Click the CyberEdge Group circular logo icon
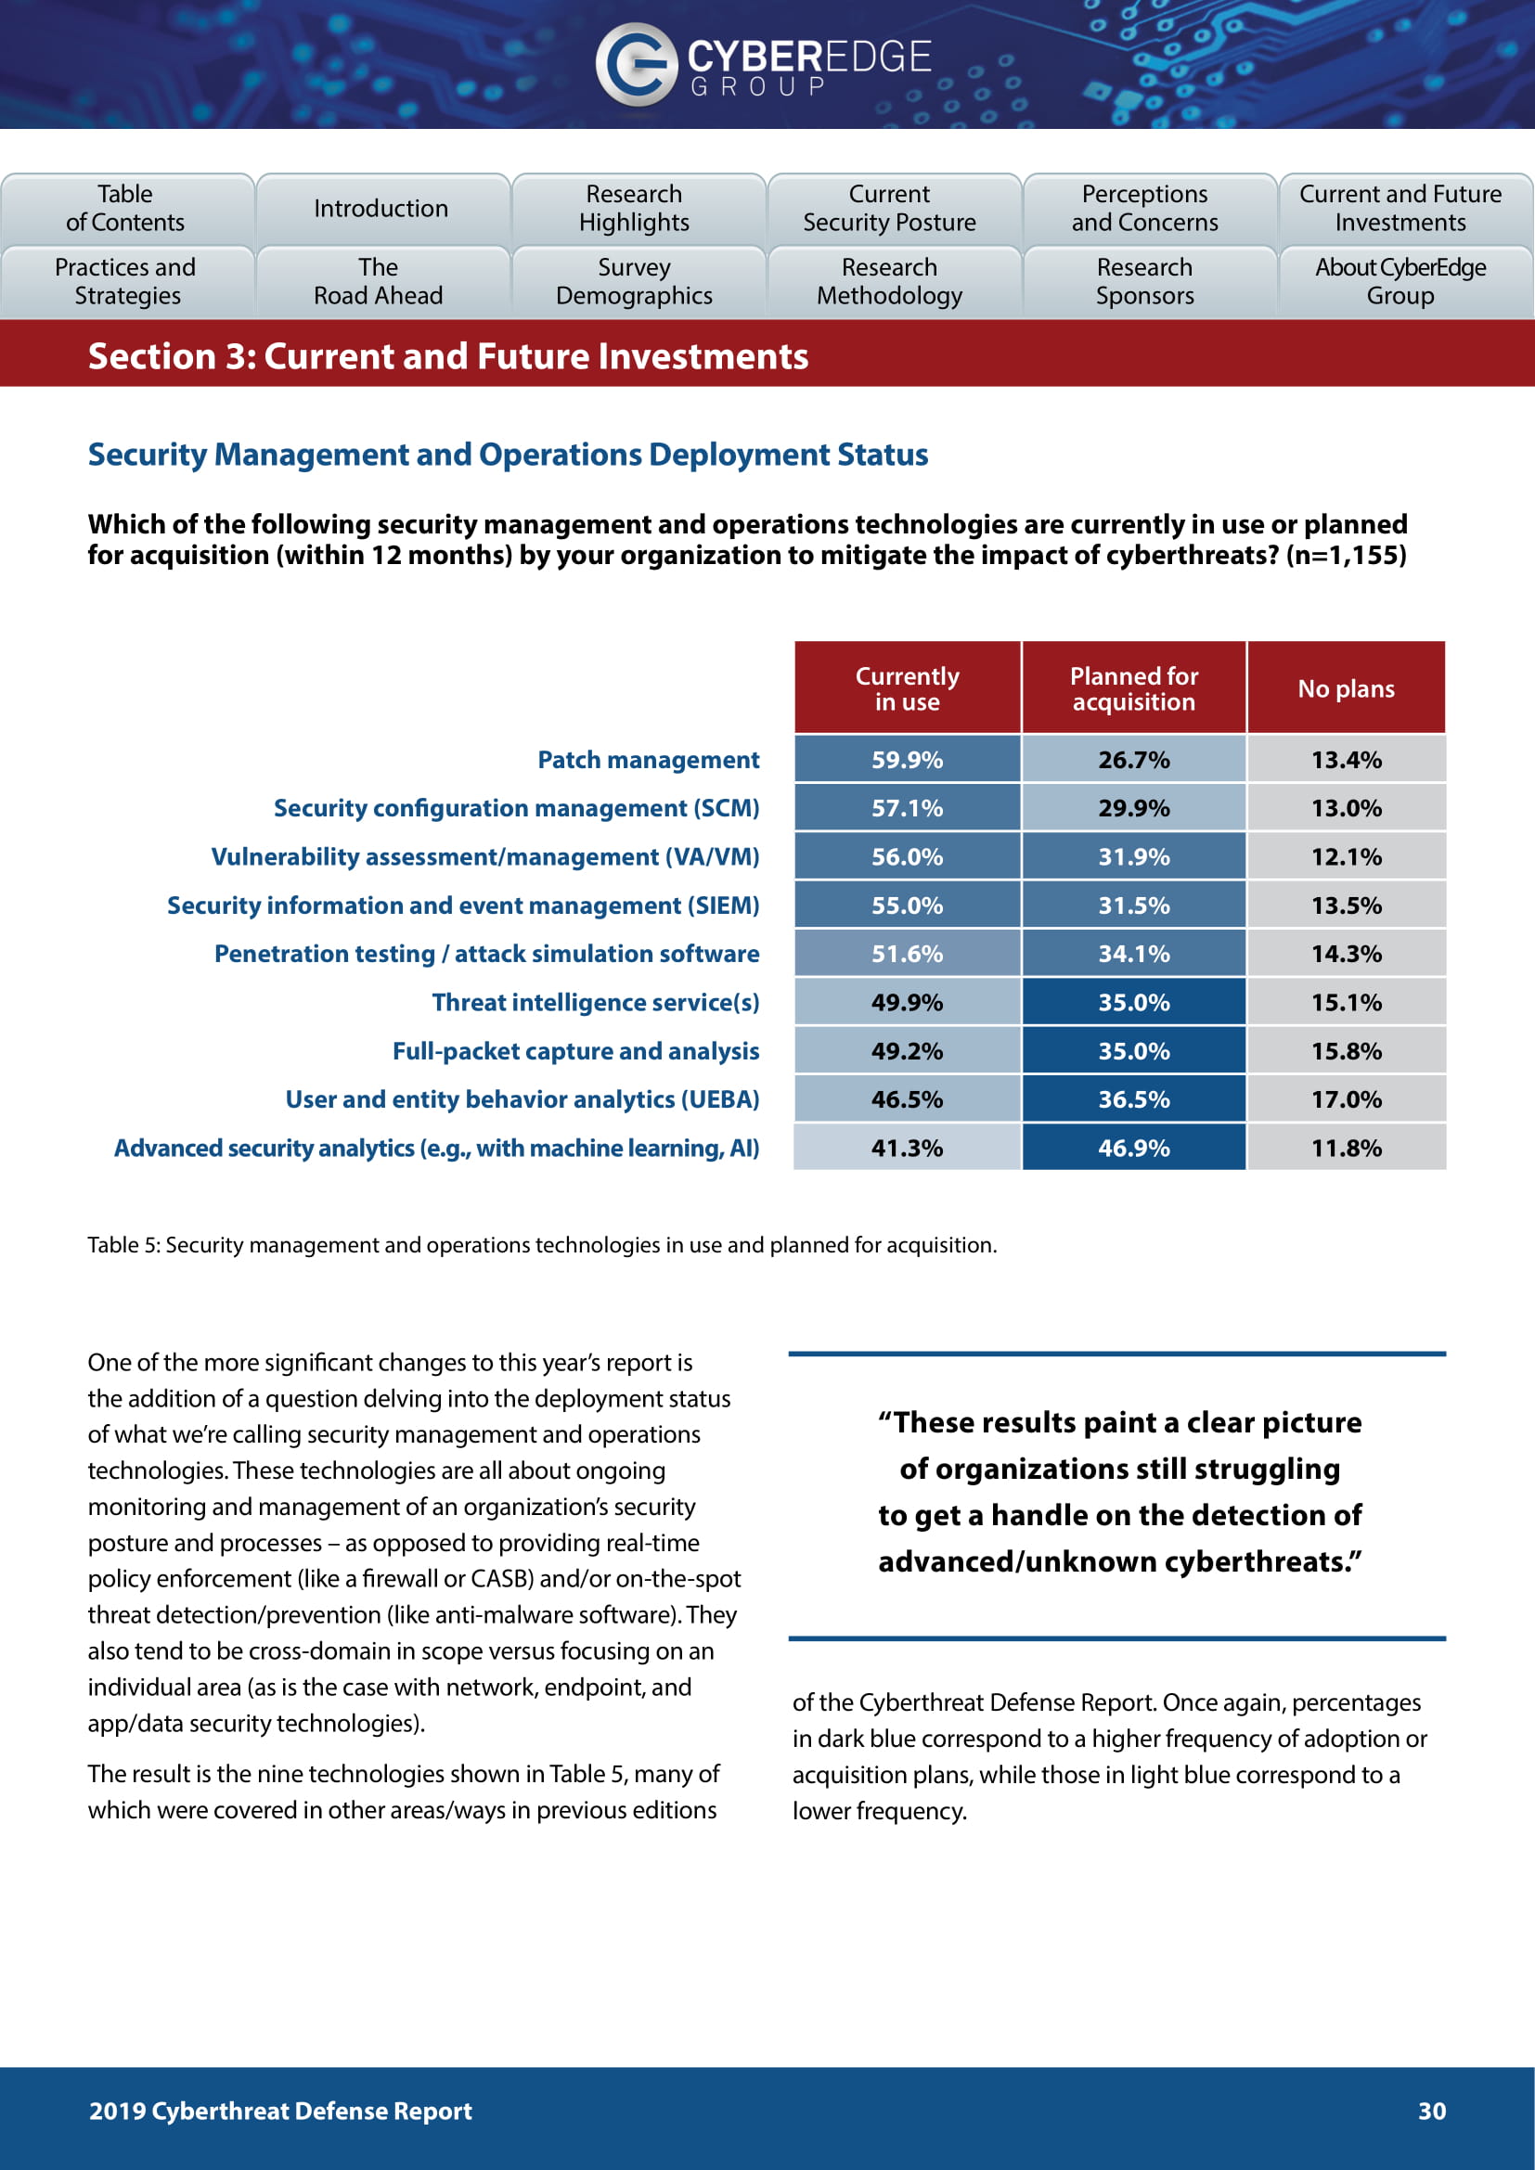[x=635, y=63]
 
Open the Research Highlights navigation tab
[x=634, y=208]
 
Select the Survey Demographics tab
[x=634, y=282]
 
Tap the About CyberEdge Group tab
[x=1400, y=282]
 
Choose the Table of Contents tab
[x=125, y=208]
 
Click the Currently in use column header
[x=907, y=688]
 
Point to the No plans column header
[x=1346, y=688]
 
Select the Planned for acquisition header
[x=1133, y=688]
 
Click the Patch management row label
[x=648, y=760]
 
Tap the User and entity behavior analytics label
[x=522, y=1099]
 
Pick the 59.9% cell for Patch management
[x=907, y=760]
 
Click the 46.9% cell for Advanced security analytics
[x=1133, y=1148]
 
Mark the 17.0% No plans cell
[x=1346, y=1099]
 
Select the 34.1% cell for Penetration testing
[x=1133, y=954]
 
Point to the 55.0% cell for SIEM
[x=907, y=905]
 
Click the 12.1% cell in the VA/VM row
[x=1346, y=856]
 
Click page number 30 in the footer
[x=1431, y=2111]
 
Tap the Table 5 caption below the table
[x=542, y=1245]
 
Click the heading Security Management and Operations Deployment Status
[x=508, y=455]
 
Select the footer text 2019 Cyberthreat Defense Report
[x=279, y=2111]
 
